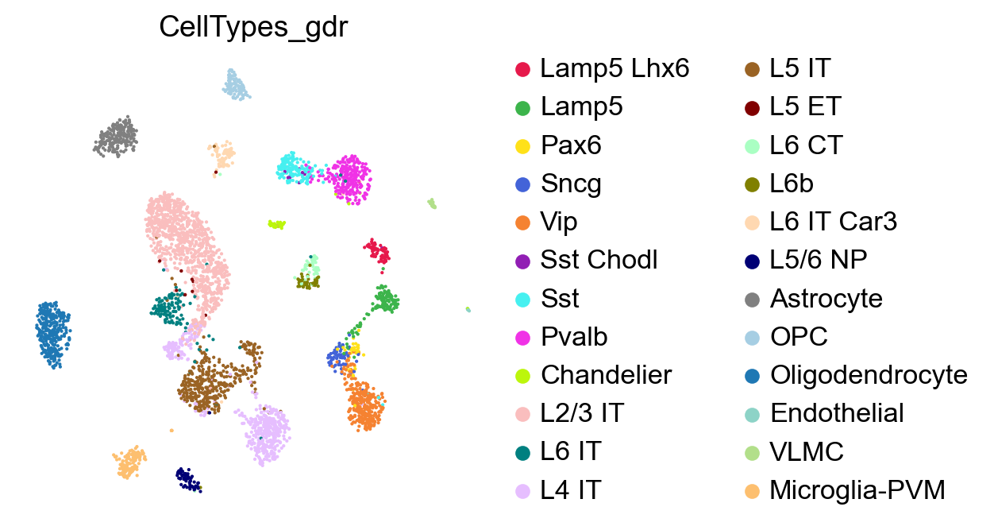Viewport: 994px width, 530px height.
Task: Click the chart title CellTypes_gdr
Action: tap(254, 27)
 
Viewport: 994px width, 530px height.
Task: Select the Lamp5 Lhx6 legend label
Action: tap(615, 68)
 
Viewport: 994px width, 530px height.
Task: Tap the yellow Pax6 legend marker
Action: tap(522, 145)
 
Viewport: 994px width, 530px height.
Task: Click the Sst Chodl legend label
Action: tap(599, 260)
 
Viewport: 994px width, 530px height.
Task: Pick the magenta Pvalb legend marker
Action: tap(522, 337)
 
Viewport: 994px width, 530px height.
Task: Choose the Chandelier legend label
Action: tap(606, 375)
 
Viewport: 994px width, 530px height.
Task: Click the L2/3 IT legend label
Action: tap(582, 413)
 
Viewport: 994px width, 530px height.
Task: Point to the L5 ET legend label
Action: tap(804, 106)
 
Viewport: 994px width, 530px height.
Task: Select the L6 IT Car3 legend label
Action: tap(833, 222)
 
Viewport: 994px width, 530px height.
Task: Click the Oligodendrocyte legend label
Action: tap(869, 375)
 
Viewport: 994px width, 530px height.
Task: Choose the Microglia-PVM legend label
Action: tap(857, 490)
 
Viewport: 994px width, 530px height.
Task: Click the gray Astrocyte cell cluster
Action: tap(116, 137)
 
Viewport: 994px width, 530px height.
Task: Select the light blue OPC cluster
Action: tap(235, 84)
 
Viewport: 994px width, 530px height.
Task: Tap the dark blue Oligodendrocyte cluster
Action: tap(52, 333)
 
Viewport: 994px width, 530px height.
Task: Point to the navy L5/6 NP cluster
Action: tap(187, 479)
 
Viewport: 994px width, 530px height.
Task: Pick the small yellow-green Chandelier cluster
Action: tap(276, 225)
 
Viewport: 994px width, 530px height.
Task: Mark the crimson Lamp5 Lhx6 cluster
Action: tap(378, 252)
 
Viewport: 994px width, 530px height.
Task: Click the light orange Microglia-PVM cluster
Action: tap(129, 462)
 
